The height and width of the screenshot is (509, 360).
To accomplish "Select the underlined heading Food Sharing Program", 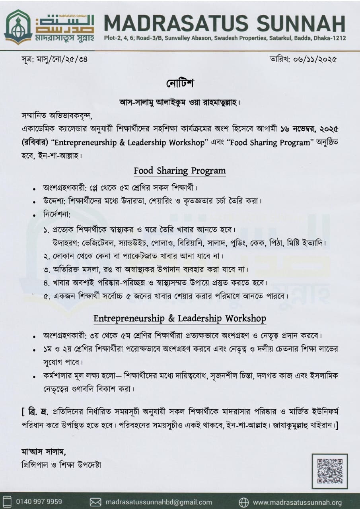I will click(x=180, y=171).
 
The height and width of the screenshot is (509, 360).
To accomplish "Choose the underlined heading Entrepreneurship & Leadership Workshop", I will click(x=180, y=319).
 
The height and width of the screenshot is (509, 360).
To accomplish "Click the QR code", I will click(x=330, y=472).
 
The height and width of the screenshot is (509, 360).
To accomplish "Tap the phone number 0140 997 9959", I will click(x=39, y=501).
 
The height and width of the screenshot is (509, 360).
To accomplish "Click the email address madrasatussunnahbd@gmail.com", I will click(x=158, y=502).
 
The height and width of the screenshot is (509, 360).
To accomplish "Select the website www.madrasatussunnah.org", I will click(x=297, y=502).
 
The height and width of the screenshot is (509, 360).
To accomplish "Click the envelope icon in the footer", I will click(x=95, y=502).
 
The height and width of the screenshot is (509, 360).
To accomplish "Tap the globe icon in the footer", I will click(x=243, y=502).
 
